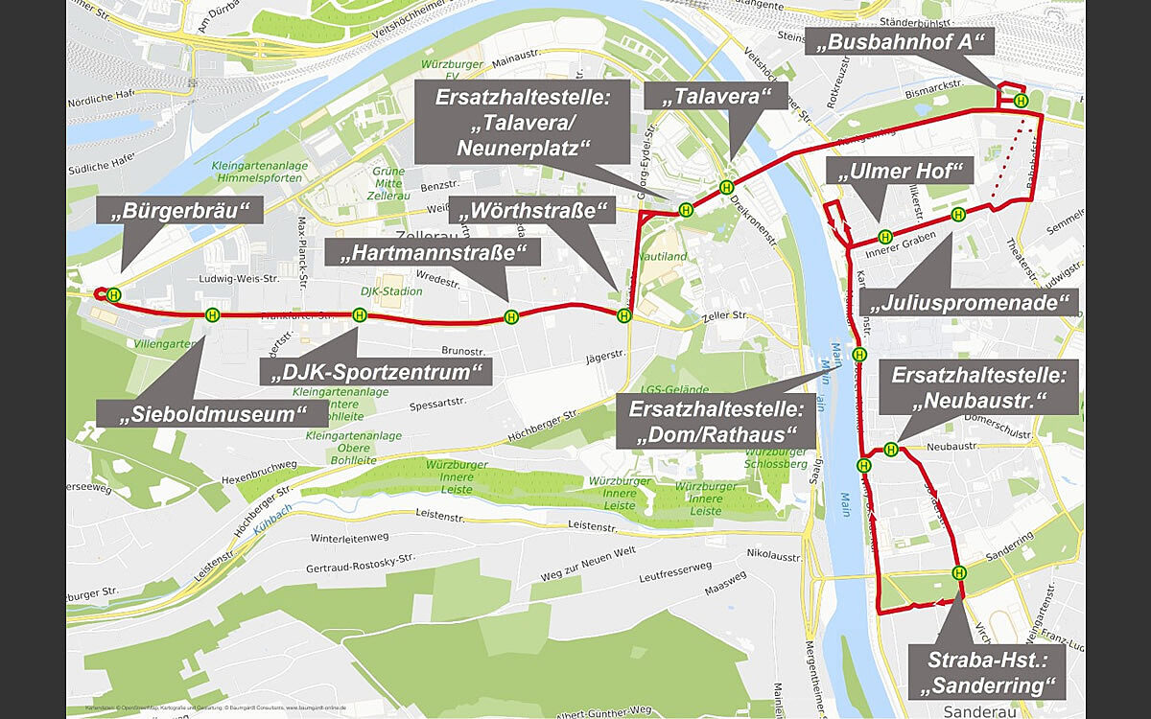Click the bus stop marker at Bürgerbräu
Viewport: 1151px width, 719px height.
click(x=114, y=294)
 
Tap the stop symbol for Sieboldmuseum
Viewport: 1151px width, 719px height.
click(x=212, y=314)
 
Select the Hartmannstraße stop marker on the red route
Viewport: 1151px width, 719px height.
click(x=511, y=317)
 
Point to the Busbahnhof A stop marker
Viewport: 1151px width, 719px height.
click(x=1022, y=101)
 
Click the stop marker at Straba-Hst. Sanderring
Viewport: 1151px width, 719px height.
click(x=959, y=573)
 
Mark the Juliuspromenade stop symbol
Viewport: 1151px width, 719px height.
click(x=958, y=215)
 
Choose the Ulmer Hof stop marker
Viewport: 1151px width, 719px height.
click(x=885, y=236)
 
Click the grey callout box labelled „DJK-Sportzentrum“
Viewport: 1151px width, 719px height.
click(x=375, y=371)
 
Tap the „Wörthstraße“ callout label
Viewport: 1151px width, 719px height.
click(x=535, y=211)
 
